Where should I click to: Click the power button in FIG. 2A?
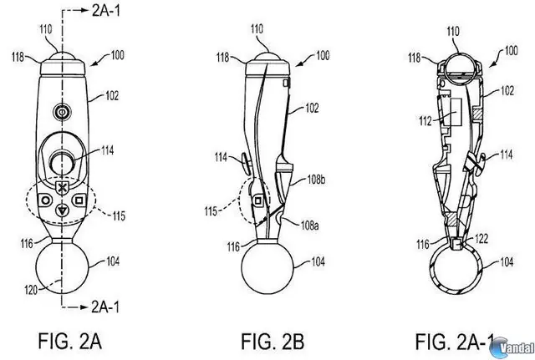(62, 113)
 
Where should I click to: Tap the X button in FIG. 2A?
(62, 188)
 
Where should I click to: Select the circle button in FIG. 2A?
(44, 200)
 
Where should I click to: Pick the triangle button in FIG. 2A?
(62, 210)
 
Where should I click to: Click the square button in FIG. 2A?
(79, 200)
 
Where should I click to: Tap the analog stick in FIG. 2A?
(62, 162)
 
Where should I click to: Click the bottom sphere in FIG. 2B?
(267, 266)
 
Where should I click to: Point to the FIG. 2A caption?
(70, 342)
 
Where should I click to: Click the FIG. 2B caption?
(273, 342)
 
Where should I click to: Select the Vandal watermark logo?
(512, 347)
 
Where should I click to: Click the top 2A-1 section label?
(106, 11)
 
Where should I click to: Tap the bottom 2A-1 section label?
(105, 307)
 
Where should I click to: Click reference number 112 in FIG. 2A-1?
(425, 120)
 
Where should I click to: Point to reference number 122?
(481, 239)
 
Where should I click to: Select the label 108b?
(316, 180)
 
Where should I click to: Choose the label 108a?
(310, 225)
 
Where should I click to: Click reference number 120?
(32, 290)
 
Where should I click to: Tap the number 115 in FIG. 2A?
(119, 215)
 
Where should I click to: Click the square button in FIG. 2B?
(258, 200)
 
